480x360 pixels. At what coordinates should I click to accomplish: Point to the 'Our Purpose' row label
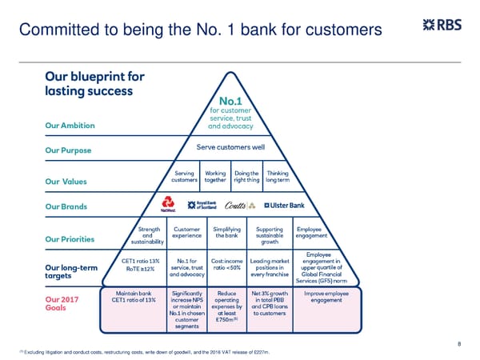(x=68, y=151)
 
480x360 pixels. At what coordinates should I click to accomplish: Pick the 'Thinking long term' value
(x=278, y=176)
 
